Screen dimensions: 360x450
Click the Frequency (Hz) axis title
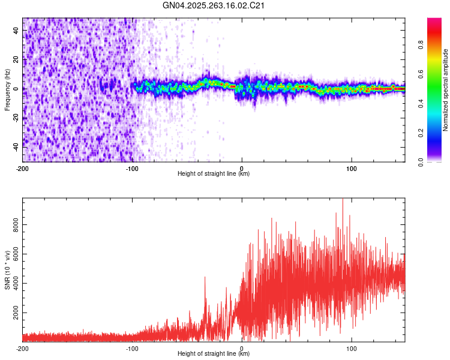pyautogui.click(x=7, y=89)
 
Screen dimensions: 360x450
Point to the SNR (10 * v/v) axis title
pyautogui.click(x=7, y=270)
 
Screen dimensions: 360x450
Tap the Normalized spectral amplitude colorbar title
pyautogui.click(x=445, y=89)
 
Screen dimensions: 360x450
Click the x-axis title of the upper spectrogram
pyautogui.click(x=214, y=173)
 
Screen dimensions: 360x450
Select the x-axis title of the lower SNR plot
pyautogui.click(x=214, y=353)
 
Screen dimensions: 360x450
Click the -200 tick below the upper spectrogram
pyautogui.click(x=23, y=168)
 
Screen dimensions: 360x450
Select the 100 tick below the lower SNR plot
pyautogui.click(x=352, y=348)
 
